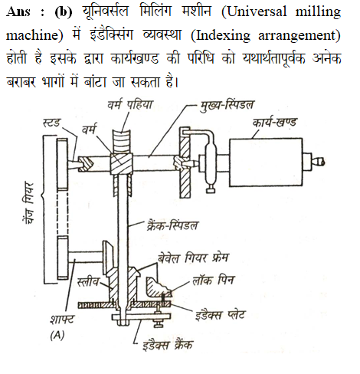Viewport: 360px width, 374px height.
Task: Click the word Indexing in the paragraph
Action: tap(223, 35)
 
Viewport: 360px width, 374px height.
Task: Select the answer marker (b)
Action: tap(64, 11)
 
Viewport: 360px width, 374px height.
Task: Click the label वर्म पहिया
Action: tap(130, 104)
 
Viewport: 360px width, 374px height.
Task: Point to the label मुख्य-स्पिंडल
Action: tap(227, 105)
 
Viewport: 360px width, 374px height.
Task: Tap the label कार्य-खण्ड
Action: tap(274, 122)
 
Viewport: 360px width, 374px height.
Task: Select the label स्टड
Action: tap(51, 123)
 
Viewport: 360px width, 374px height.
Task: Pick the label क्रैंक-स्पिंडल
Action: tap(172, 225)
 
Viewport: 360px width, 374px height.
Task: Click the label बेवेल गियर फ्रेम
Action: tap(193, 258)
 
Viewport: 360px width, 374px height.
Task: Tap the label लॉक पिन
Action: tap(213, 280)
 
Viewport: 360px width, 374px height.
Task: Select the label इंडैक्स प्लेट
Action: tap(220, 315)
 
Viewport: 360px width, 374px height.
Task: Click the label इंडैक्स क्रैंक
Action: tap(168, 345)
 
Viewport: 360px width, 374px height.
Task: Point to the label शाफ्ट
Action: tap(62, 320)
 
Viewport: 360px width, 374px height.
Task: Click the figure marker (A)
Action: tap(57, 335)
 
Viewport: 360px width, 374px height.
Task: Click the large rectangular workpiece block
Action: tap(266, 162)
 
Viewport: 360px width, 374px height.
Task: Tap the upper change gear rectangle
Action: tap(63, 164)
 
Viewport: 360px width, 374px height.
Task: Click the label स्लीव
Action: tap(88, 282)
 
